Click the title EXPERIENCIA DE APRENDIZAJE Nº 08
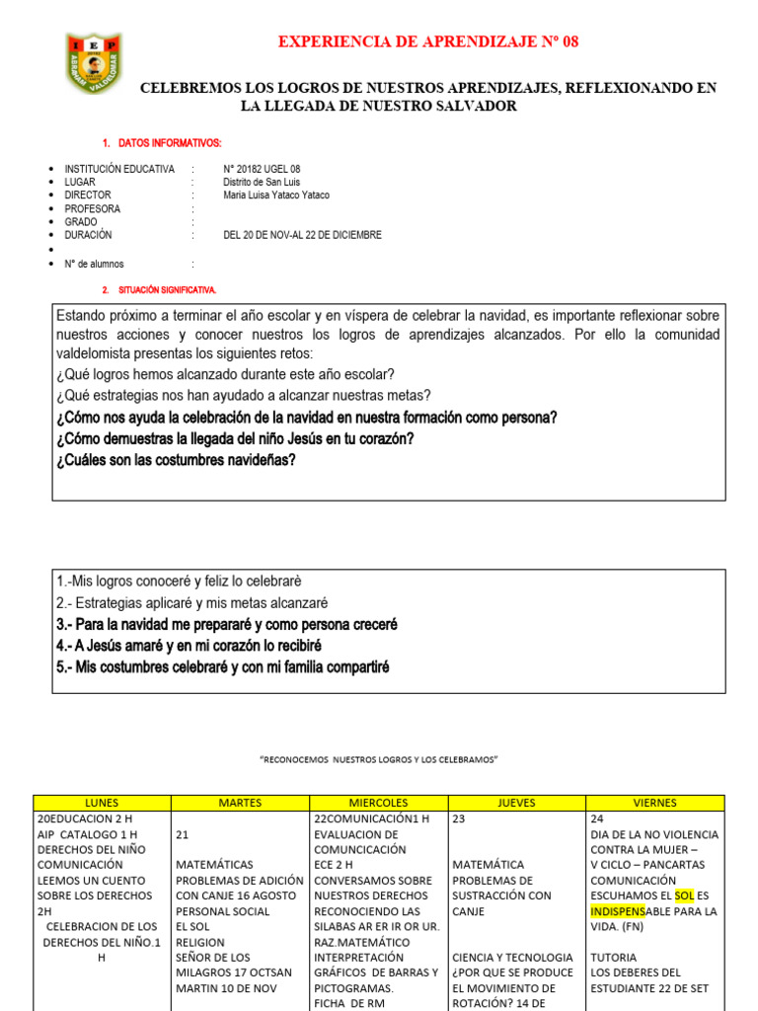pyautogui.click(x=429, y=41)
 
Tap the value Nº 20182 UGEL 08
pyautogui.click(x=262, y=170)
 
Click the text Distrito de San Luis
pyautogui.click(x=262, y=183)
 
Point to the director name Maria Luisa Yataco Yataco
pyautogui.click(x=276, y=195)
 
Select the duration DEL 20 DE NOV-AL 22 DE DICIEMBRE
pyautogui.click(x=302, y=235)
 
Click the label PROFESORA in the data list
pyautogui.click(x=93, y=209)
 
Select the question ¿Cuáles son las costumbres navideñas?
pyautogui.click(x=176, y=460)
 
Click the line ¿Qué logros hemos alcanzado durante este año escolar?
pyautogui.click(x=225, y=374)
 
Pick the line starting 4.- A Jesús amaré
pyautogui.click(x=189, y=646)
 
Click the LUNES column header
pyautogui.click(x=103, y=803)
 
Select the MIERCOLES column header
pyautogui.click(x=379, y=803)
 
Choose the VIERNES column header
pyautogui.click(x=654, y=803)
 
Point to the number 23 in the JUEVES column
pyautogui.click(x=460, y=818)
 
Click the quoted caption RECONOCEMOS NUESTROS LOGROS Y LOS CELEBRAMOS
pyautogui.click(x=379, y=758)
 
